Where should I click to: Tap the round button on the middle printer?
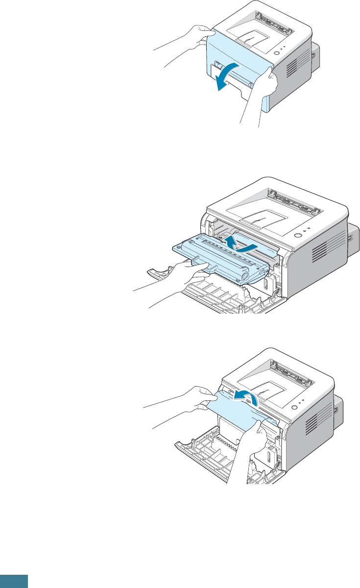click(297, 235)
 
